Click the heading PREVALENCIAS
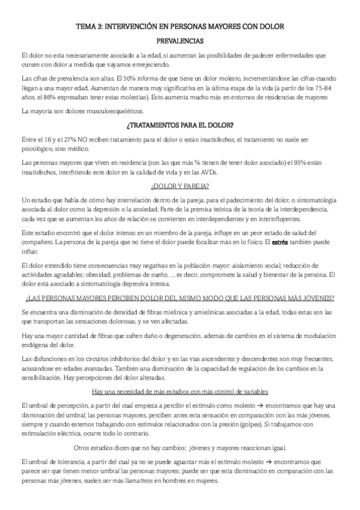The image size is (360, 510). click(x=180, y=41)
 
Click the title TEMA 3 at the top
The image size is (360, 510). click(x=180, y=27)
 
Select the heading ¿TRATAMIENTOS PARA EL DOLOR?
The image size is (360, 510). click(x=180, y=125)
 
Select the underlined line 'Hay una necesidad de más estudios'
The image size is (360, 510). click(x=180, y=375)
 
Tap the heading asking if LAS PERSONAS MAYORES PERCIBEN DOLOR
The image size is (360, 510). click(x=180, y=299)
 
